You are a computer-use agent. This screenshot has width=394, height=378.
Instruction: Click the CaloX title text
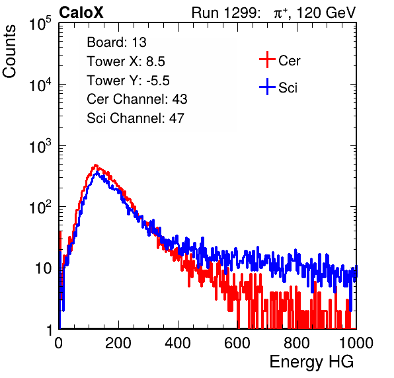click(81, 13)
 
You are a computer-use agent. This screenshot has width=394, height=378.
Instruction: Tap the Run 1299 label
click(225, 13)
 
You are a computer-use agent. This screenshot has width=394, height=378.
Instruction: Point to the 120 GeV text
click(327, 13)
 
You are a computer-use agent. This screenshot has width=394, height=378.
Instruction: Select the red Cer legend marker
click(267, 59)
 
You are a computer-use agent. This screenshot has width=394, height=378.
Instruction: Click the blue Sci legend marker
click(267, 87)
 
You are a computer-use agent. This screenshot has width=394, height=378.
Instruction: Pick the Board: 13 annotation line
click(116, 42)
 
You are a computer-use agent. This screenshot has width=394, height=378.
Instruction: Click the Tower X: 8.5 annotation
click(126, 61)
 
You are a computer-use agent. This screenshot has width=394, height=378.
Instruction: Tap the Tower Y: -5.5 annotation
click(128, 81)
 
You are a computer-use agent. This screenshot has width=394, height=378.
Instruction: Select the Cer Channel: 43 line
click(137, 99)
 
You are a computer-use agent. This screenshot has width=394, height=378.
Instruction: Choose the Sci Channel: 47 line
click(136, 118)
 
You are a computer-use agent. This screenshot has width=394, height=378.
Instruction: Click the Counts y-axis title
click(9, 52)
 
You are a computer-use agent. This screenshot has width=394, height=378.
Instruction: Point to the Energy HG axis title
click(312, 361)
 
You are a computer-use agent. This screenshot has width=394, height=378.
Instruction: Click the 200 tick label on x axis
click(118, 343)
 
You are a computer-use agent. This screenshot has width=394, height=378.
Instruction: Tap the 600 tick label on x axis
click(237, 343)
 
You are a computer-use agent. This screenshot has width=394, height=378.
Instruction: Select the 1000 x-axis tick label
click(356, 343)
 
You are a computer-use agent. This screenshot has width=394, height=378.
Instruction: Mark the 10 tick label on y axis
click(43, 269)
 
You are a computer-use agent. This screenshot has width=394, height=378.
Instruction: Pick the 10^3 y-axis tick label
click(40, 146)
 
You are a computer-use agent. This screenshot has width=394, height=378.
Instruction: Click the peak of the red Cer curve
click(95, 165)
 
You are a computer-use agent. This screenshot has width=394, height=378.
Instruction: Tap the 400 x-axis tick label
click(178, 343)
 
